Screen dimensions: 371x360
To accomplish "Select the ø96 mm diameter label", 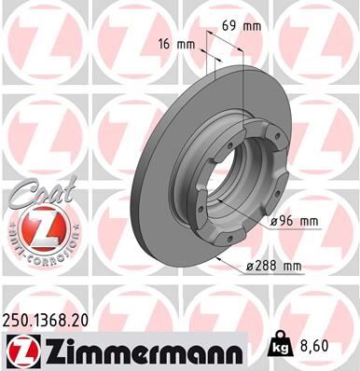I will (x=295, y=221).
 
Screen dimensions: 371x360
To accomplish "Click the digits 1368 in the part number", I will (x=51, y=320).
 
